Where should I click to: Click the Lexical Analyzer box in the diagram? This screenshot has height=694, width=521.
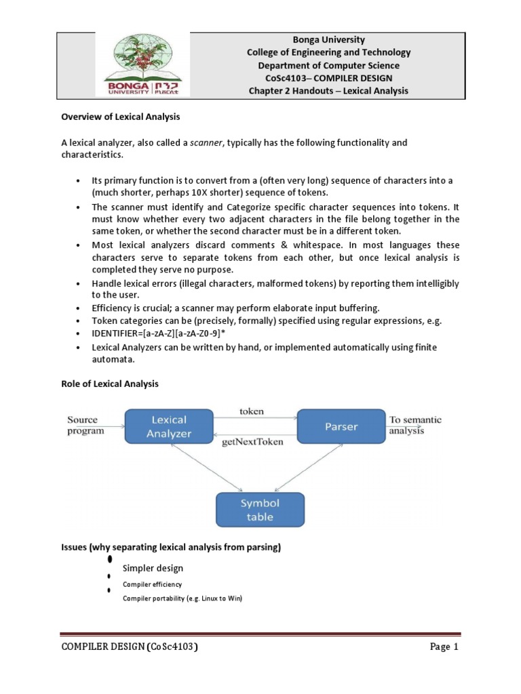(x=169, y=427)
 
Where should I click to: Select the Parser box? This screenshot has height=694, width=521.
(x=341, y=427)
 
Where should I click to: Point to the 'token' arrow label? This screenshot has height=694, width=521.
(x=252, y=411)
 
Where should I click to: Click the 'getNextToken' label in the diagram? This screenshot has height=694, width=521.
(x=253, y=441)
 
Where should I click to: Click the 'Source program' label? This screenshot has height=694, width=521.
(x=86, y=425)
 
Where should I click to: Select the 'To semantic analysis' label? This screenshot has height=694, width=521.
(x=415, y=425)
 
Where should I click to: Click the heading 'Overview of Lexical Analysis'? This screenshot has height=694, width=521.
(x=121, y=117)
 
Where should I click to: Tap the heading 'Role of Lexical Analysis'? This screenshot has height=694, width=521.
(x=110, y=384)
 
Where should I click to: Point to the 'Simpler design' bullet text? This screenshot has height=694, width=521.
(x=153, y=567)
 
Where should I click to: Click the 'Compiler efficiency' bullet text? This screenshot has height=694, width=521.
(x=151, y=584)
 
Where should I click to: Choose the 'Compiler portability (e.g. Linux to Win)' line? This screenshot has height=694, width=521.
(x=181, y=598)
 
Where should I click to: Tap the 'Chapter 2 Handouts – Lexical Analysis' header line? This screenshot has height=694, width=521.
(x=328, y=91)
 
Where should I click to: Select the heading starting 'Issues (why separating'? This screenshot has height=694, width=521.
(x=171, y=546)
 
